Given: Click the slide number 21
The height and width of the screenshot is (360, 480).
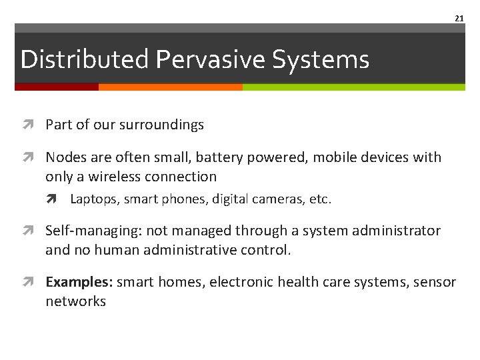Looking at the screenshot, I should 459,19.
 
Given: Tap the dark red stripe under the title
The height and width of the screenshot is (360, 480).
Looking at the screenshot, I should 57,87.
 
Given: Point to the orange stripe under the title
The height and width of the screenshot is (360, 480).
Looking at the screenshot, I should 170,87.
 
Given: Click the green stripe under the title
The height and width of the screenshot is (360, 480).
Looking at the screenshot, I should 353,87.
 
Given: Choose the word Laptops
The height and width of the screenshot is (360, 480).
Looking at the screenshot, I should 92,199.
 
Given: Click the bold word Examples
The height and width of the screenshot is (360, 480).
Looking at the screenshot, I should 80,282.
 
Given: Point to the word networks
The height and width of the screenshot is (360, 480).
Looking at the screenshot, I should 75,301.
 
